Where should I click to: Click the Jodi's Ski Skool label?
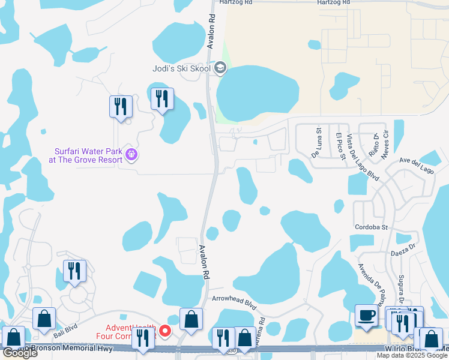click(187, 68)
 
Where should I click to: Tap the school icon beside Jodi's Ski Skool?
click(221, 68)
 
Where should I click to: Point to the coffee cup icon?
click(366, 316)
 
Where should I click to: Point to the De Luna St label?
click(316, 141)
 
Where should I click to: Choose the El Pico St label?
click(340, 146)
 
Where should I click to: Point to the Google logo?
click(19, 353)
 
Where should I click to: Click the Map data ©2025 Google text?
click(412, 355)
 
